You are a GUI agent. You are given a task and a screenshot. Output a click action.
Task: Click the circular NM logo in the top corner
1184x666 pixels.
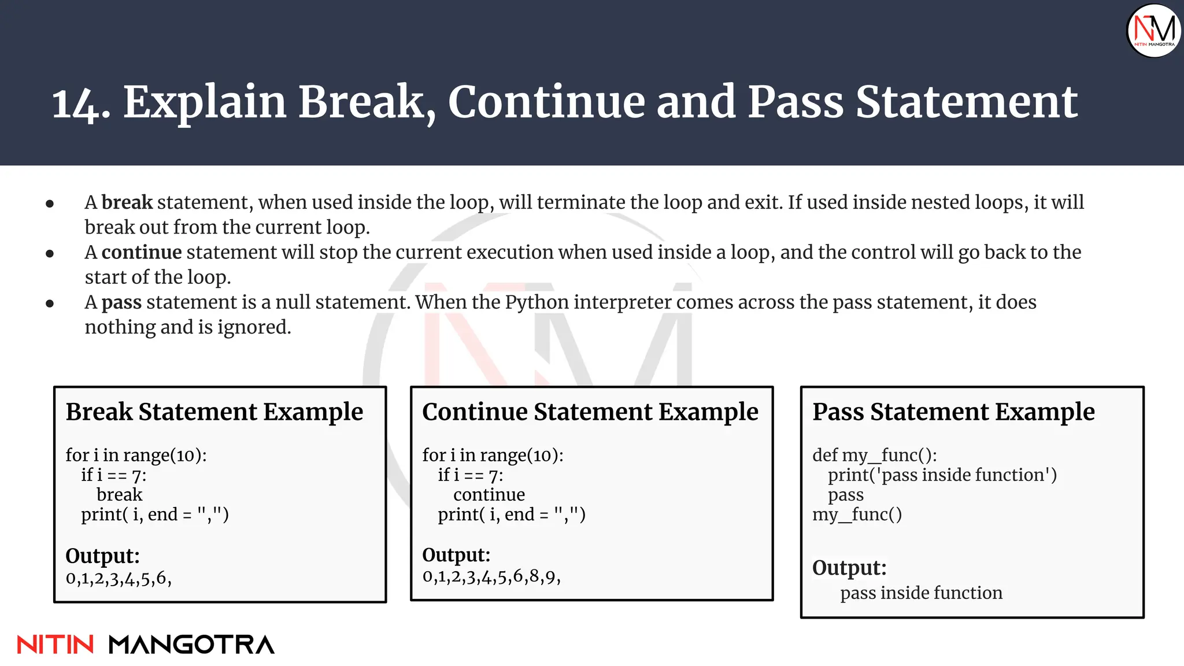pyautogui.click(x=1153, y=31)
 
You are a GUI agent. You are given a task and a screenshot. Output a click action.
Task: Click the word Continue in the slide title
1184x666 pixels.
pyautogui.click(x=546, y=102)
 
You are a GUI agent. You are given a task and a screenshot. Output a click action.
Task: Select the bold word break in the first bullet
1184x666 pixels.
pyautogui.click(x=127, y=202)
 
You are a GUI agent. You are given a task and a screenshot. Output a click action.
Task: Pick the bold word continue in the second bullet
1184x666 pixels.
pyautogui.click(x=142, y=253)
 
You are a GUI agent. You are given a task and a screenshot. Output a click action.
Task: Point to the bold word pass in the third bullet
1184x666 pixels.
pyautogui.click(x=121, y=302)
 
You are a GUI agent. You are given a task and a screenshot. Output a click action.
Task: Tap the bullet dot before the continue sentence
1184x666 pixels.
pyautogui.click(x=50, y=254)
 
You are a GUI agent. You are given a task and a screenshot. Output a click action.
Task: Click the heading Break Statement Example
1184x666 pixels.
pyautogui.click(x=214, y=412)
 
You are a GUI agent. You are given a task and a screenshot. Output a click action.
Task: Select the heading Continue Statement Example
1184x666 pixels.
pyautogui.click(x=590, y=412)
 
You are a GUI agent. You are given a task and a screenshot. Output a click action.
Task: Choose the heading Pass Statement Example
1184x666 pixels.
pyautogui.click(x=953, y=412)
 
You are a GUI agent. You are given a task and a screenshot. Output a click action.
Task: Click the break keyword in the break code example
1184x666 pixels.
pyautogui.click(x=119, y=495)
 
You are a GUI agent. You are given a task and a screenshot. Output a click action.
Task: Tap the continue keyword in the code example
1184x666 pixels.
pyautogui.click(x=489, y=495)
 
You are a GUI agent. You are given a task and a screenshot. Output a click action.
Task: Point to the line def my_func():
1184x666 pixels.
pyautogui.click(x=874, y=456)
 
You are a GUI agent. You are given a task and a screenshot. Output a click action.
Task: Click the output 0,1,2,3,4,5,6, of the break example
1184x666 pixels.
pyautogui.click(x=119, y=578)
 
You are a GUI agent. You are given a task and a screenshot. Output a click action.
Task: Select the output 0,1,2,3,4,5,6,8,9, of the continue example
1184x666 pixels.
pyautogui.click(x=491, y=576)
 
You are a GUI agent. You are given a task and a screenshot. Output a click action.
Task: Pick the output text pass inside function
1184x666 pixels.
pyautogui.click(x=921, y=593)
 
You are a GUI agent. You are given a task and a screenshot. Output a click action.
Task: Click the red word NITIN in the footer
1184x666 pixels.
pyautogui.click(x=55, y=645)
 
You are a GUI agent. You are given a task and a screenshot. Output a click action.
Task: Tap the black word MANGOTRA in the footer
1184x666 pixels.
pyautogui.click(x=191, y=645)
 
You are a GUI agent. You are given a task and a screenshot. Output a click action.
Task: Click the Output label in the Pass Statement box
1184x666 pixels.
pyautogui.click(x=849, y=568)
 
